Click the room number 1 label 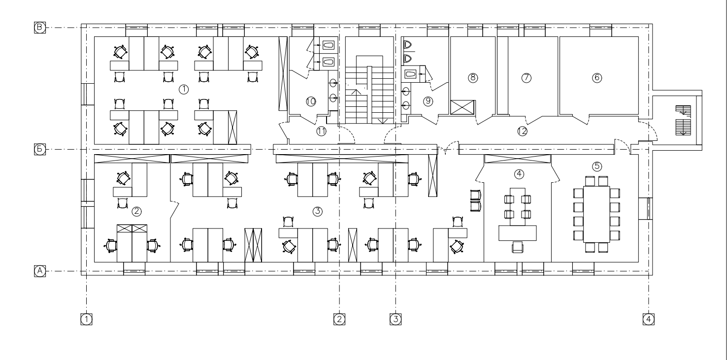coord(184,89)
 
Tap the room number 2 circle coord(136,211)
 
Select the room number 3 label coord(317,211)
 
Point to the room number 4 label coord(519,174)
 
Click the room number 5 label coord(597,166)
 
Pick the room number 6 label coord(597,78)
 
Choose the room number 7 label coord(526,78)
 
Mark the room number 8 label coord(473,78)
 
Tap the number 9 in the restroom coord(428,101)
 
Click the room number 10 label coord(311,101)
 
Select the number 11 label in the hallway coord(321,131)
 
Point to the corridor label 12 coord(522,131)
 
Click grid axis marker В coord(40,27)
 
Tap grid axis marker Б coord(40,149)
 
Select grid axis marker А coord(40,271)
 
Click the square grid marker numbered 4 coord(649,319)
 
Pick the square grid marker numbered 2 coord(339,319)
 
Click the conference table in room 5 coord(596,214)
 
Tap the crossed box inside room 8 coord(463,107)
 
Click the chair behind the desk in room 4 coord(518,247)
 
